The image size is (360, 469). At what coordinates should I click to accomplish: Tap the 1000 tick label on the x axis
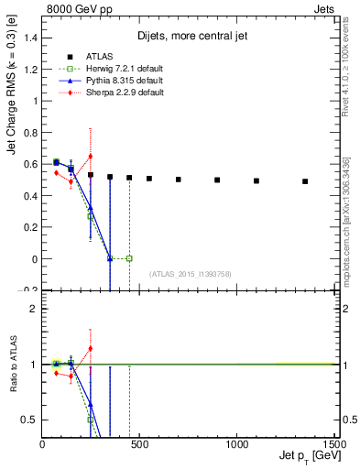[236, 443]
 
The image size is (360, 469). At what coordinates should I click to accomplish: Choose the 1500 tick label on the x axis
[333, 443]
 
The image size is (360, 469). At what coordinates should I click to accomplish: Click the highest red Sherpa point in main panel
[90, 156]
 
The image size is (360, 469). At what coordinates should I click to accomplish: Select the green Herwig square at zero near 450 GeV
[129, 258]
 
